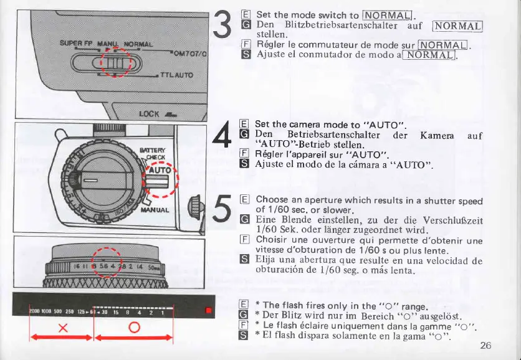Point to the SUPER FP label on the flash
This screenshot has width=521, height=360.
tap(77, 45)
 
